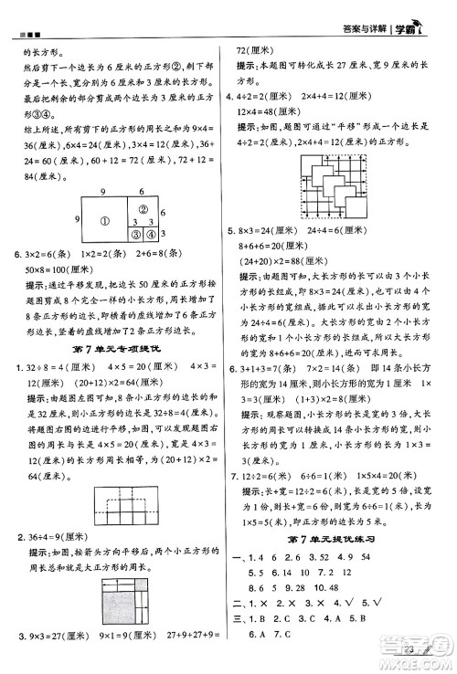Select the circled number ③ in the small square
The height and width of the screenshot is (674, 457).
pos(133,235)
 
